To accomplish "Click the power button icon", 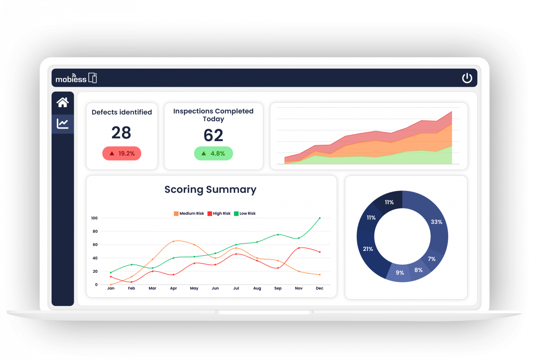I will [x=467, y=78].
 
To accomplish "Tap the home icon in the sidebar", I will [x=63, y=102].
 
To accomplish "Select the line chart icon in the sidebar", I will [x=63, y=124].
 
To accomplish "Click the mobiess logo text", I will [x=71, y=79].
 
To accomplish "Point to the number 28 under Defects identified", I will [x=121, y=133].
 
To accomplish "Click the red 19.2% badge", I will [x=122, y=154].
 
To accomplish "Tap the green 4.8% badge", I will [x=213, y=154].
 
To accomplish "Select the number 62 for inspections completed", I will [x=213, y=135].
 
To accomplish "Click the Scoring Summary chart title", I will [x=210, y=189].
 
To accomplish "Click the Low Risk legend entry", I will [x=245, y=213].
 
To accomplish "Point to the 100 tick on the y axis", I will [x=94, y=218].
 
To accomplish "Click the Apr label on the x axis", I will [x=173, y=288].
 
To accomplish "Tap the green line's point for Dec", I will [x=320, y=218].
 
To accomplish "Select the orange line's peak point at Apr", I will [x=173, y=242].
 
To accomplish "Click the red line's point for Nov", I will [x=299, y=248].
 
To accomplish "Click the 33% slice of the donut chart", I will [x=436, y=222].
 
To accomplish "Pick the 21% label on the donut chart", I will [x=368, y=249].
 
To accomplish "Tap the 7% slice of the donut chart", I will [x=432, y=259].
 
